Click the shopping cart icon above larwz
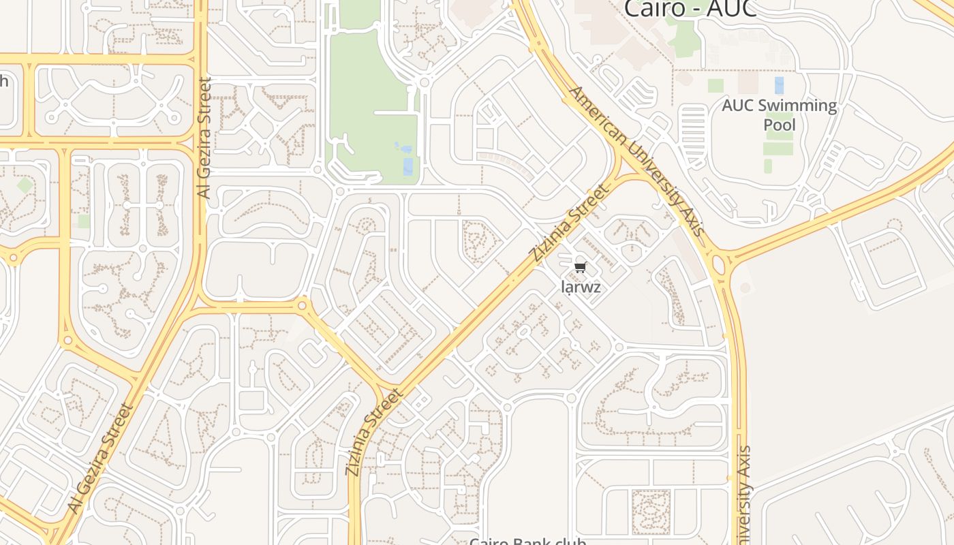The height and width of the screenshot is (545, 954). [580, 267]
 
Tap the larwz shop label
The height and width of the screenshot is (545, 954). [581, 287]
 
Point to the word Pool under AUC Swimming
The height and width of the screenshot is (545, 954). [780, 125]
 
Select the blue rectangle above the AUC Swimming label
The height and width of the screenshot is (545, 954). [779, 85]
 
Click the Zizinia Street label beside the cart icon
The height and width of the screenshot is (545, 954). [568, 223]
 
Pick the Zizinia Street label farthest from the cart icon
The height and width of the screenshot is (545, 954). [374, 432]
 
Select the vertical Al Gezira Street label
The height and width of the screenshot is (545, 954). [204, 138]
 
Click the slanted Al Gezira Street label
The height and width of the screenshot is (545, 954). [100, 458]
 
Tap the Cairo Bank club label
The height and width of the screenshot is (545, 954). [527, 541]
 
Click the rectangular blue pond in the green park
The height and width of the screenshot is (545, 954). [407, 166]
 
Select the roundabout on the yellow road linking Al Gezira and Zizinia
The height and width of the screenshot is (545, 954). [303, 306]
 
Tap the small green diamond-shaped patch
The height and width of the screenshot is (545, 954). [25, 185]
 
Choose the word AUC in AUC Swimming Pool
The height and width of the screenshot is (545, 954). [739, 106]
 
